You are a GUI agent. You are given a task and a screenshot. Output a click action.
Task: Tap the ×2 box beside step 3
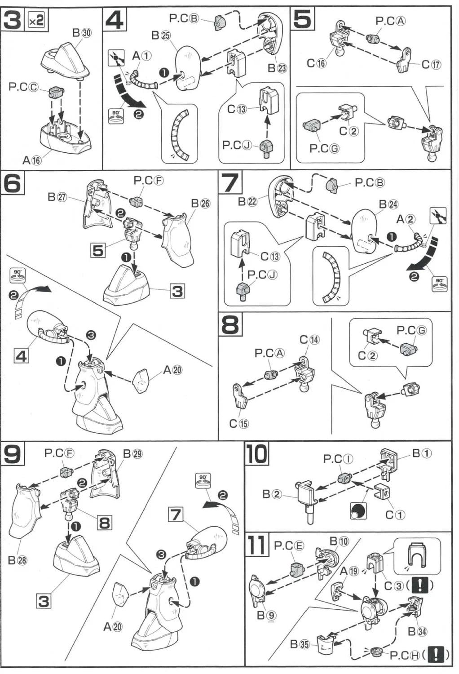click(37, 20)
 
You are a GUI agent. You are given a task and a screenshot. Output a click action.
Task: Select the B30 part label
click(82, 33)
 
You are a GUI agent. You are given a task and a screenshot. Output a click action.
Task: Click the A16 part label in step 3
click(32, 160)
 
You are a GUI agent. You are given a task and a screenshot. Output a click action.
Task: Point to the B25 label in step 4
click(161, 35)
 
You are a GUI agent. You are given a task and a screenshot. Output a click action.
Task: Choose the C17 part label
click(431, 64)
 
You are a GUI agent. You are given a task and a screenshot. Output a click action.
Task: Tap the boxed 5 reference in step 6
click(98, 250)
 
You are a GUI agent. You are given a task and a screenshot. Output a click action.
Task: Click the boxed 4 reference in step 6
click(21, 356)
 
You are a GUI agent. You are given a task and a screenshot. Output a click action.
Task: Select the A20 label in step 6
click(172, 370)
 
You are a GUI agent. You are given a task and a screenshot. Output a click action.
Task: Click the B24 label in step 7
click(388, 204)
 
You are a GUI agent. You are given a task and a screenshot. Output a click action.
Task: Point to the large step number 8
click(230, 324)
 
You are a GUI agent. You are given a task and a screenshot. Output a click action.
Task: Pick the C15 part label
click(238, 423)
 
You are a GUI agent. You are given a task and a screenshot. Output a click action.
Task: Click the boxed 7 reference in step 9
click(176, 514)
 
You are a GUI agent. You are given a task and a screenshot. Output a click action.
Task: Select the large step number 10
click(256, 454)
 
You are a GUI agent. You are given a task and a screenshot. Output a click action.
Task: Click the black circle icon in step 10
click(358, 511)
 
